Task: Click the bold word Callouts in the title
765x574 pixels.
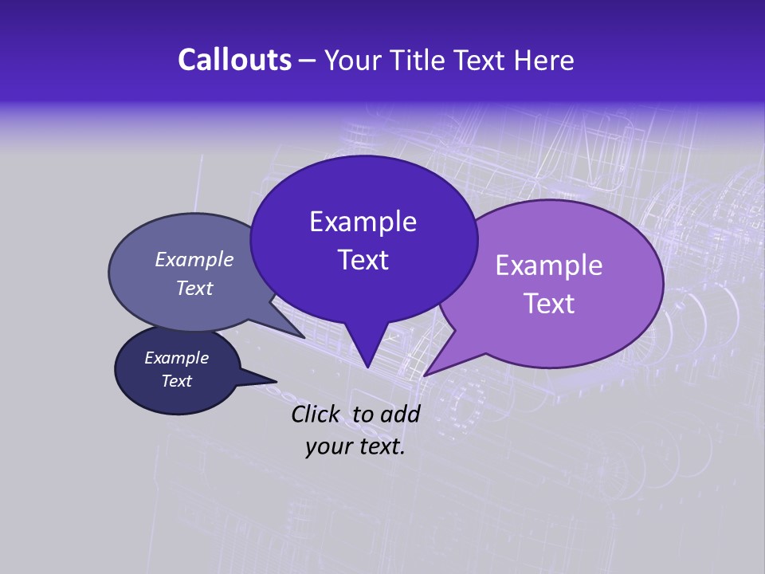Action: coord(235,60)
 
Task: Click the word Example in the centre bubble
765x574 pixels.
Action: coord(363,222)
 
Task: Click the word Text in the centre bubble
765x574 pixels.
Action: coord(363,260)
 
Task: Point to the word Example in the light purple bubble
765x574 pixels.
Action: coord(549,265)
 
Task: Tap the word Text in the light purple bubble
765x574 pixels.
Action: coord(549,304)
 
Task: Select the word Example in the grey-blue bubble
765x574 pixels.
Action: coord(194,259)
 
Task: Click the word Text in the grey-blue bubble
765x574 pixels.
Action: coord(194,288)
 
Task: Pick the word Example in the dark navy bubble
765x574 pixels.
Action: coord(176,358)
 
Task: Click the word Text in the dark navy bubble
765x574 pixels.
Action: coord(176,381)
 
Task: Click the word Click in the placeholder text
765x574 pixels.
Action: coord(316,414)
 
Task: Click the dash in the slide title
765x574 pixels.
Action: coord(308,61)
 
